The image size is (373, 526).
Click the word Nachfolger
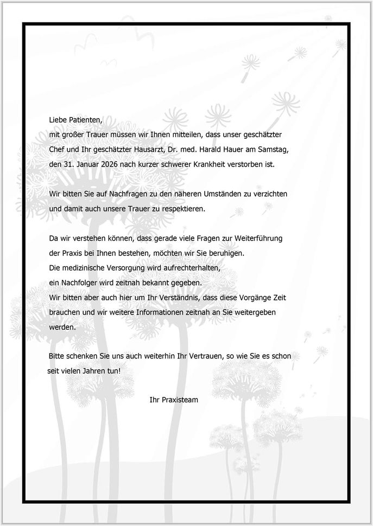pyautogui.click(x=80, y=283)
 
